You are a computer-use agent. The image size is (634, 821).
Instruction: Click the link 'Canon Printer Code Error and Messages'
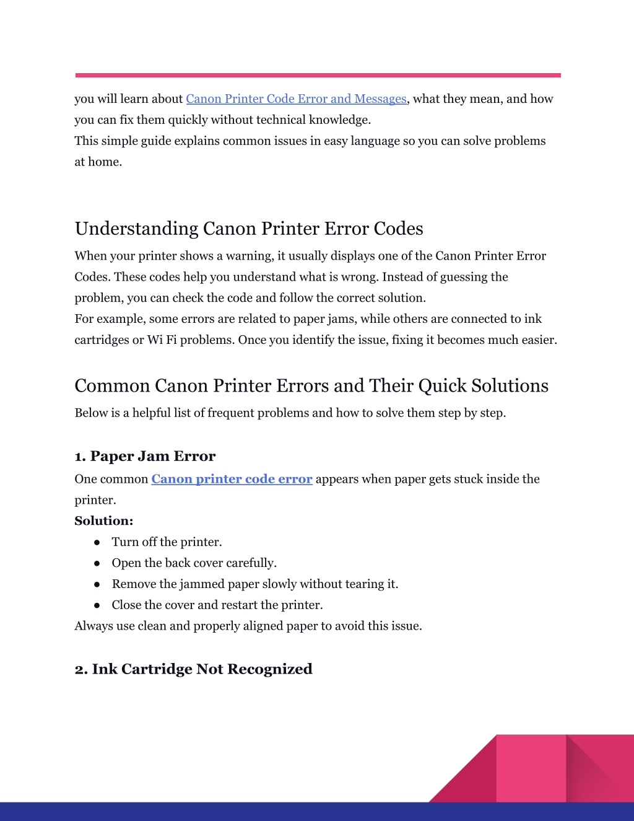click(x=296, y=99)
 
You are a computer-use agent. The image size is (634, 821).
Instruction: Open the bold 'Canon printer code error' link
click(x=232, y=479)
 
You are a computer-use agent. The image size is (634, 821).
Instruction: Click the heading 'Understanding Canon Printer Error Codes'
click(x=249, y=229)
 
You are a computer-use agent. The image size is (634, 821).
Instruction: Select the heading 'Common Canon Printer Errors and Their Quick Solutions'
click(x=311, y=386)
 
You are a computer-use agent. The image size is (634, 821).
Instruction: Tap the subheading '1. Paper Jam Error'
click(x=145, y=456)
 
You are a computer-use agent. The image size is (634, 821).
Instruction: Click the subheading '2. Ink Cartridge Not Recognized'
click(x=193, y=669)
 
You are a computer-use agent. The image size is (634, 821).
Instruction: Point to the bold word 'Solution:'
click(x=104, y=521)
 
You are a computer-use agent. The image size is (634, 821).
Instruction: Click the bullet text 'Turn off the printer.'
click(x=167, y=542)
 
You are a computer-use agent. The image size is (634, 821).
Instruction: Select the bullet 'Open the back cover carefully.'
click(x=194, y=563)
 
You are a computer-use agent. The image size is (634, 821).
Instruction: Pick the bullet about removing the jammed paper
click(x=254, y=584)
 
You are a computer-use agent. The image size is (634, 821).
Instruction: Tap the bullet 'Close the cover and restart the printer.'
click(x=217, y=605)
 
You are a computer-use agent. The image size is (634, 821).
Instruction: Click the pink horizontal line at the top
click(x=318, y=76)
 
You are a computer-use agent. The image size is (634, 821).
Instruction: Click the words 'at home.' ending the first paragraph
click(x=98, y=162)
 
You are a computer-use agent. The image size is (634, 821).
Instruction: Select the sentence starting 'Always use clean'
click(x=248, y=626)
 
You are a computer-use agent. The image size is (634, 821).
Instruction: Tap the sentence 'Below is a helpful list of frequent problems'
click(x=290, y=413)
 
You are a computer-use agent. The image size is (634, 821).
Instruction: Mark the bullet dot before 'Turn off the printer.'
click(x=97, y=542)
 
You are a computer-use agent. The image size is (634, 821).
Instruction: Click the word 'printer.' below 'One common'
click(x=95, y=500)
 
